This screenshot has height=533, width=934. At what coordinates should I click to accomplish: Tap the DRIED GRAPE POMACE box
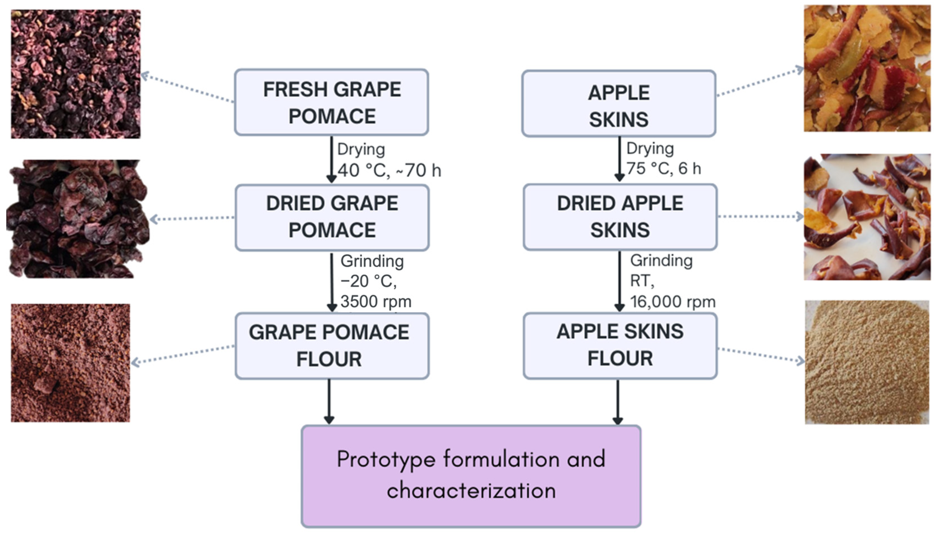pyautogui.click(x=332, y=218)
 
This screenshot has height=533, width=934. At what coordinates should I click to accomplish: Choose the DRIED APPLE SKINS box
pyautogui.click(x=620, y=217)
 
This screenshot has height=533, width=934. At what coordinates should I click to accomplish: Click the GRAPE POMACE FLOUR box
pyautogui.click(x=332, y=346)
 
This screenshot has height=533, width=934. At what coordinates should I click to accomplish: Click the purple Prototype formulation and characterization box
pyautogui.click(x=471, y=476)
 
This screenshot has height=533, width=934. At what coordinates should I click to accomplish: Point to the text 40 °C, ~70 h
pyautogui.click(x=389, y=170)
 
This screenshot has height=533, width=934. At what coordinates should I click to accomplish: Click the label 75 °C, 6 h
pyautogui.click(x=663, y=169)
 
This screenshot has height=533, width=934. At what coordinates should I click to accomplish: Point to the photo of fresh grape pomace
pyautogui.click(x=76, y=74)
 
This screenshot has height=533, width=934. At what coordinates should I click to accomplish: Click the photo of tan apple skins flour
pyautogui.click(x=867, y=362)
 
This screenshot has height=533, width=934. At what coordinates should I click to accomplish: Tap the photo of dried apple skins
pyautogui.click(x=867, y=217)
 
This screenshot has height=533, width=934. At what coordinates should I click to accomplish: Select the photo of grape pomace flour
pyautogui.click(x=70, y=363)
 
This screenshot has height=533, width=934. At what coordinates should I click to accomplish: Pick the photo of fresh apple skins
pyautogui.click(x=867, y=68)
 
